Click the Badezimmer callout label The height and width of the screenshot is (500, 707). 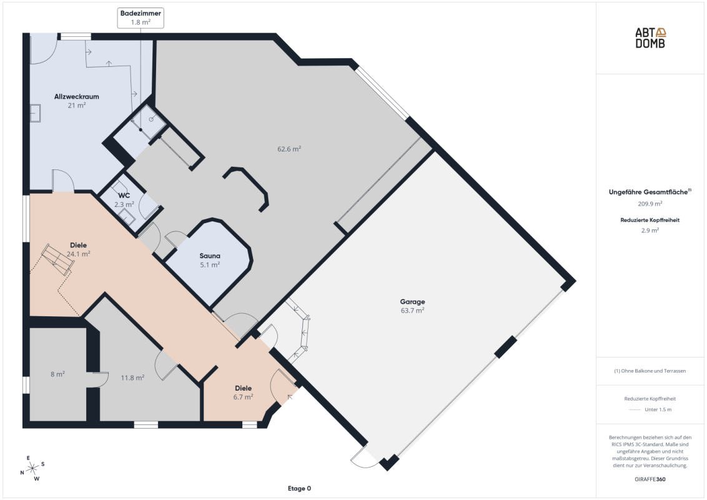(141, 18)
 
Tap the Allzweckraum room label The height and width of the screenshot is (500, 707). (77, 97)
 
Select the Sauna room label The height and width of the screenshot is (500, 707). (210, 256)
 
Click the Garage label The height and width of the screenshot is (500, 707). (413, 302)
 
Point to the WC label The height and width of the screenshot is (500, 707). (124, 196)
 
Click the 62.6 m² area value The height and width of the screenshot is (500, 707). (289, 149)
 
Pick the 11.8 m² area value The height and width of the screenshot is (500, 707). (132, 377)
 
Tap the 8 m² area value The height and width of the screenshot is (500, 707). (57, 374)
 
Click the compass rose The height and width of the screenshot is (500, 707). (32, 468)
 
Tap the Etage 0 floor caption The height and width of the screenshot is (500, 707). (299, 488)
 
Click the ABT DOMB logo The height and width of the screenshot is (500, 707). (650, 38)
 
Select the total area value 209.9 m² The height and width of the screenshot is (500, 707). (650, 204)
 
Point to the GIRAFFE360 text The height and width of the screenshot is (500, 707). (650, 479)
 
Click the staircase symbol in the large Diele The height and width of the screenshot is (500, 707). (57, 259)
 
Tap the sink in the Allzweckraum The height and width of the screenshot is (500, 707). (35, 113)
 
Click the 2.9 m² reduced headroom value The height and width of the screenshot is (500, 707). (650, 230)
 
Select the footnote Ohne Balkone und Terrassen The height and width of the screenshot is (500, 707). (650, 371)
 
